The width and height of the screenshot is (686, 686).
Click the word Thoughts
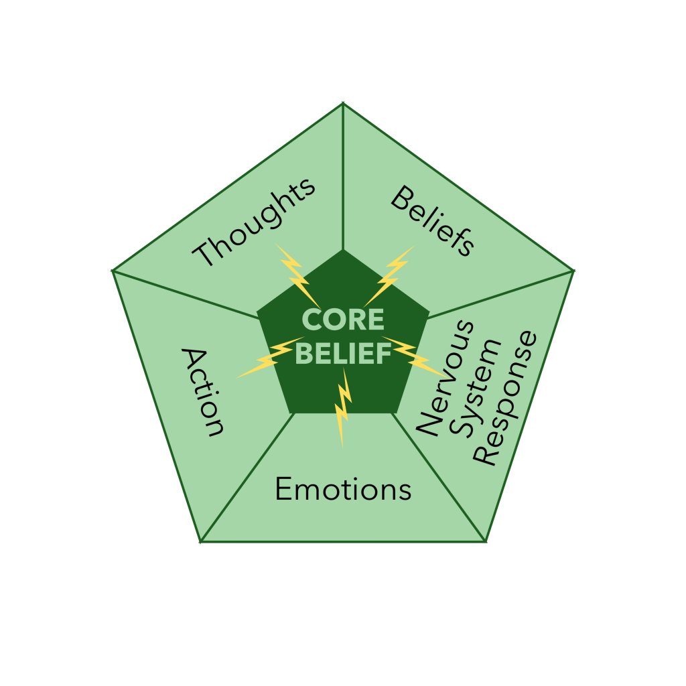click(254, 222)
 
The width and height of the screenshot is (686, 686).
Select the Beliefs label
click(432, 221)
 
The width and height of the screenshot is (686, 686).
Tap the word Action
click(203, 393)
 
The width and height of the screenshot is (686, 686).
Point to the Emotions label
click(343, 489)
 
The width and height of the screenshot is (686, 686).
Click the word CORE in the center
click(343, 320)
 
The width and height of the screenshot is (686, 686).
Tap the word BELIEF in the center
click(344, 354)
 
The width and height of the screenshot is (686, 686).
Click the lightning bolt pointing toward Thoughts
click(297, 275)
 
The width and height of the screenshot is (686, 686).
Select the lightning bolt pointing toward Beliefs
click(389, 275)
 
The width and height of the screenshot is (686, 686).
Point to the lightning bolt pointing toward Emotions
click(344, 408)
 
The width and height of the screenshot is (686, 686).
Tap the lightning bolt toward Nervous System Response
click(415, 356)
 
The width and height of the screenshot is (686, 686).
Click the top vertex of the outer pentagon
click(343, 103)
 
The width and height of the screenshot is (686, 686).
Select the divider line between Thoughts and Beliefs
click(343, 176)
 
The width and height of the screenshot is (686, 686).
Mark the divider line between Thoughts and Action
click(186, 294)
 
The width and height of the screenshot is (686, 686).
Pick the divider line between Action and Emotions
click(248, 477)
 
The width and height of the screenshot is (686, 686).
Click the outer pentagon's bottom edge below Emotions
click(344, 542)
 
